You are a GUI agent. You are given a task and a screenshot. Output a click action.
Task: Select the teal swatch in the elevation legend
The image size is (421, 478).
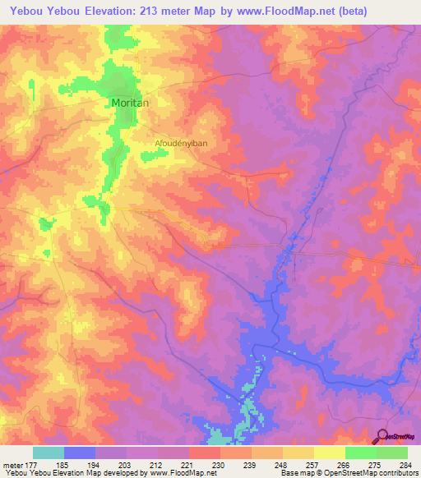pyautogui.click(x=49, y=453)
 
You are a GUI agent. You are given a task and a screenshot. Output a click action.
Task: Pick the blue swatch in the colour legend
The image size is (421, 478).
pyautogui.click(x=80, y=453)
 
